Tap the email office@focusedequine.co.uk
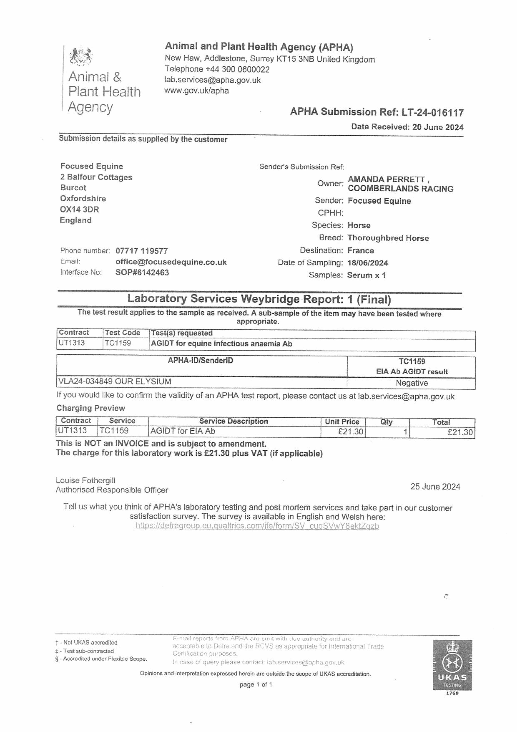pos(171,262)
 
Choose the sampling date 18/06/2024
pos(367,263)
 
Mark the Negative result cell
pos(411,383)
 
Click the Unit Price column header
pos(342,421)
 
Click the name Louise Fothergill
pos(85,480)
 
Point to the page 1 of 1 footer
pos(256,685)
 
